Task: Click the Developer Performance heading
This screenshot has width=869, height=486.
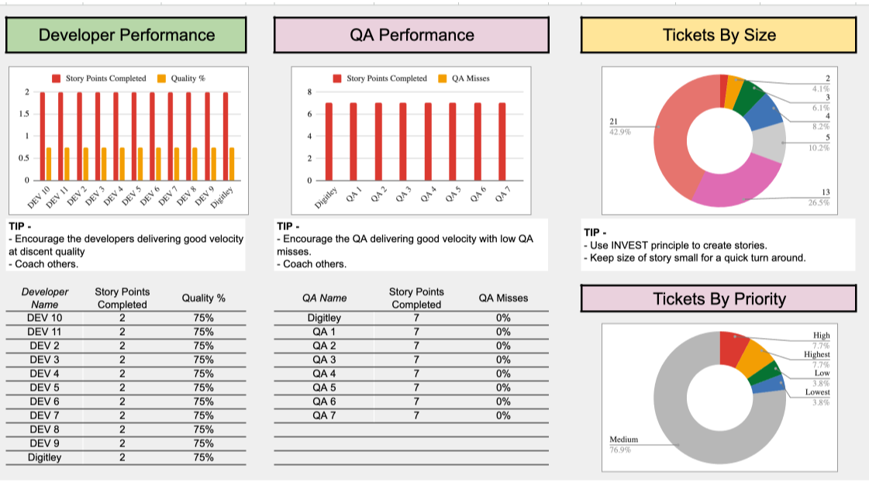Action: click(126, 35)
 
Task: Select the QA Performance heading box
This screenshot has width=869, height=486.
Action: click(411, 35)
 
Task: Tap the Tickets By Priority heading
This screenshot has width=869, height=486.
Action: click(719, 299)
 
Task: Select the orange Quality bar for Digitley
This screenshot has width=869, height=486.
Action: click(232, 164)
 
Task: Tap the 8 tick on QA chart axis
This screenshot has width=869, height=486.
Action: click(310, 92)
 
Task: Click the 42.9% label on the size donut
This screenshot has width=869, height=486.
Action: click(620, 132)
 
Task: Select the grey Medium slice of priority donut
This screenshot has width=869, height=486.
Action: click(682, 419)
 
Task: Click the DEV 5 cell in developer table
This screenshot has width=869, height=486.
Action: click(45, 388)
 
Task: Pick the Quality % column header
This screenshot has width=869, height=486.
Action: click(204, 298)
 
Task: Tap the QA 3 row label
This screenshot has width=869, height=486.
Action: click(324, 360)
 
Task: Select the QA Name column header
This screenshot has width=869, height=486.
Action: click(324, 298)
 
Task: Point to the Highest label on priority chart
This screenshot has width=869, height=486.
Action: click(816, 354)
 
